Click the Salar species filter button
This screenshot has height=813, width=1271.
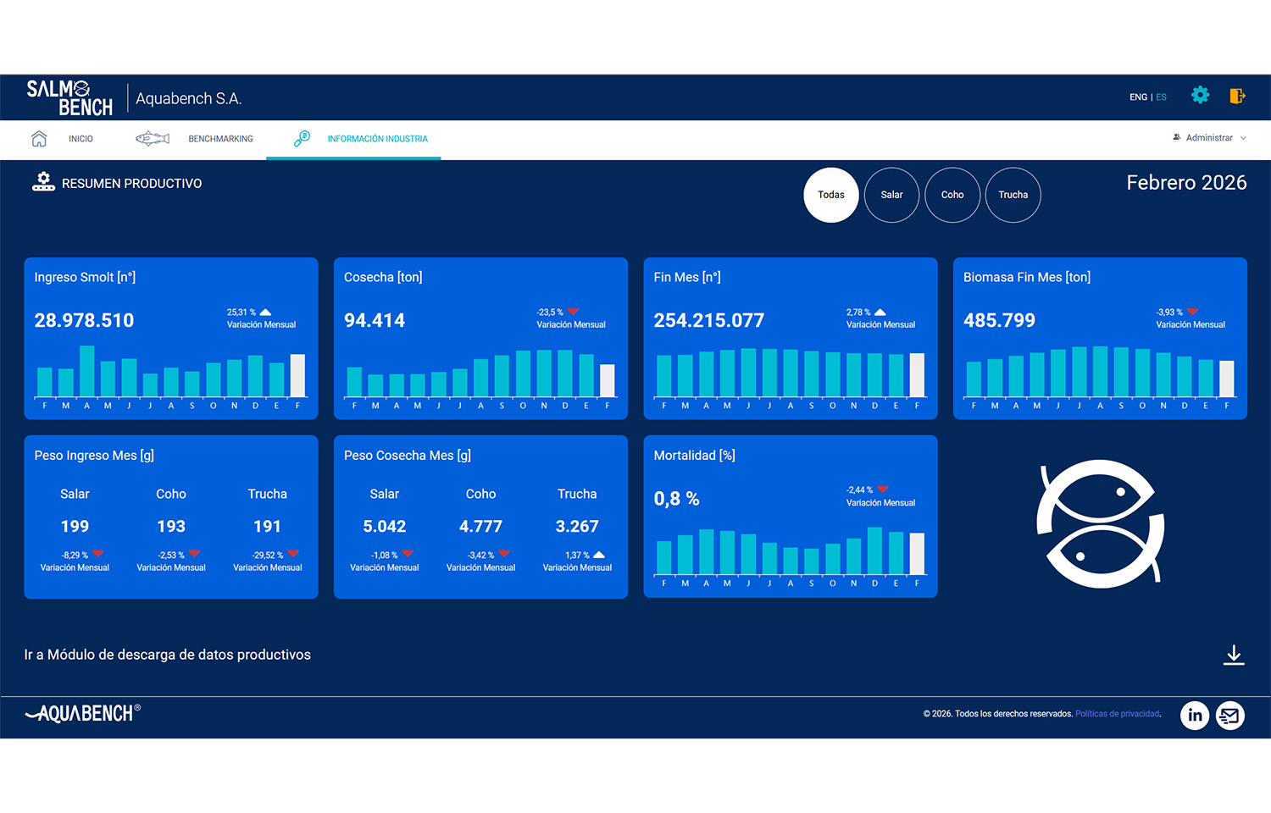[x=891, y=195]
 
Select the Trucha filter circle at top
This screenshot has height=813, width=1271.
[x=1013, y=195]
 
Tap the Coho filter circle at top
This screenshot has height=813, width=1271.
[x=952, y=195]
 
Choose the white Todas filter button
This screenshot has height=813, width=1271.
[x=830, y=195]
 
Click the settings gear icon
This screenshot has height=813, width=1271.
[x=1200, y=95]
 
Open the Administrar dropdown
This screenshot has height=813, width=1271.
[x=1209, y=138]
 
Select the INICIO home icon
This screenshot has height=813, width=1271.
[x=39, y=138]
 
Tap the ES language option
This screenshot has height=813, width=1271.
[x=1161, y=97]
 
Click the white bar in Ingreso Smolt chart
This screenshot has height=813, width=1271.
[x=297, y=375]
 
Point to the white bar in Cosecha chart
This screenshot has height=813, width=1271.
[x=608, y=380]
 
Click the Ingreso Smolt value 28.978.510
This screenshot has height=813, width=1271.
[x=84, y=320]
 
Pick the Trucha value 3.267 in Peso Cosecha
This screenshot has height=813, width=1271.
[x=576, y=526]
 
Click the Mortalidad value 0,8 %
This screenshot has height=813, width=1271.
[x=676, y=498]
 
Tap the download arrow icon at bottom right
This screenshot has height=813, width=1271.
[x=1234, y=655]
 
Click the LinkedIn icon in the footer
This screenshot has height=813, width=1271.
[x=1195, y=716]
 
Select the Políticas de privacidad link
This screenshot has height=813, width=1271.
[x=1117, y=714]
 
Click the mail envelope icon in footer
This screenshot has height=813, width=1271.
[x=1229, y=716]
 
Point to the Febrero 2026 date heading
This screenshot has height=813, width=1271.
[x=1186, y=183]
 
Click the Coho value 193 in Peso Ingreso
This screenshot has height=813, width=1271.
[x=171, y=526]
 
